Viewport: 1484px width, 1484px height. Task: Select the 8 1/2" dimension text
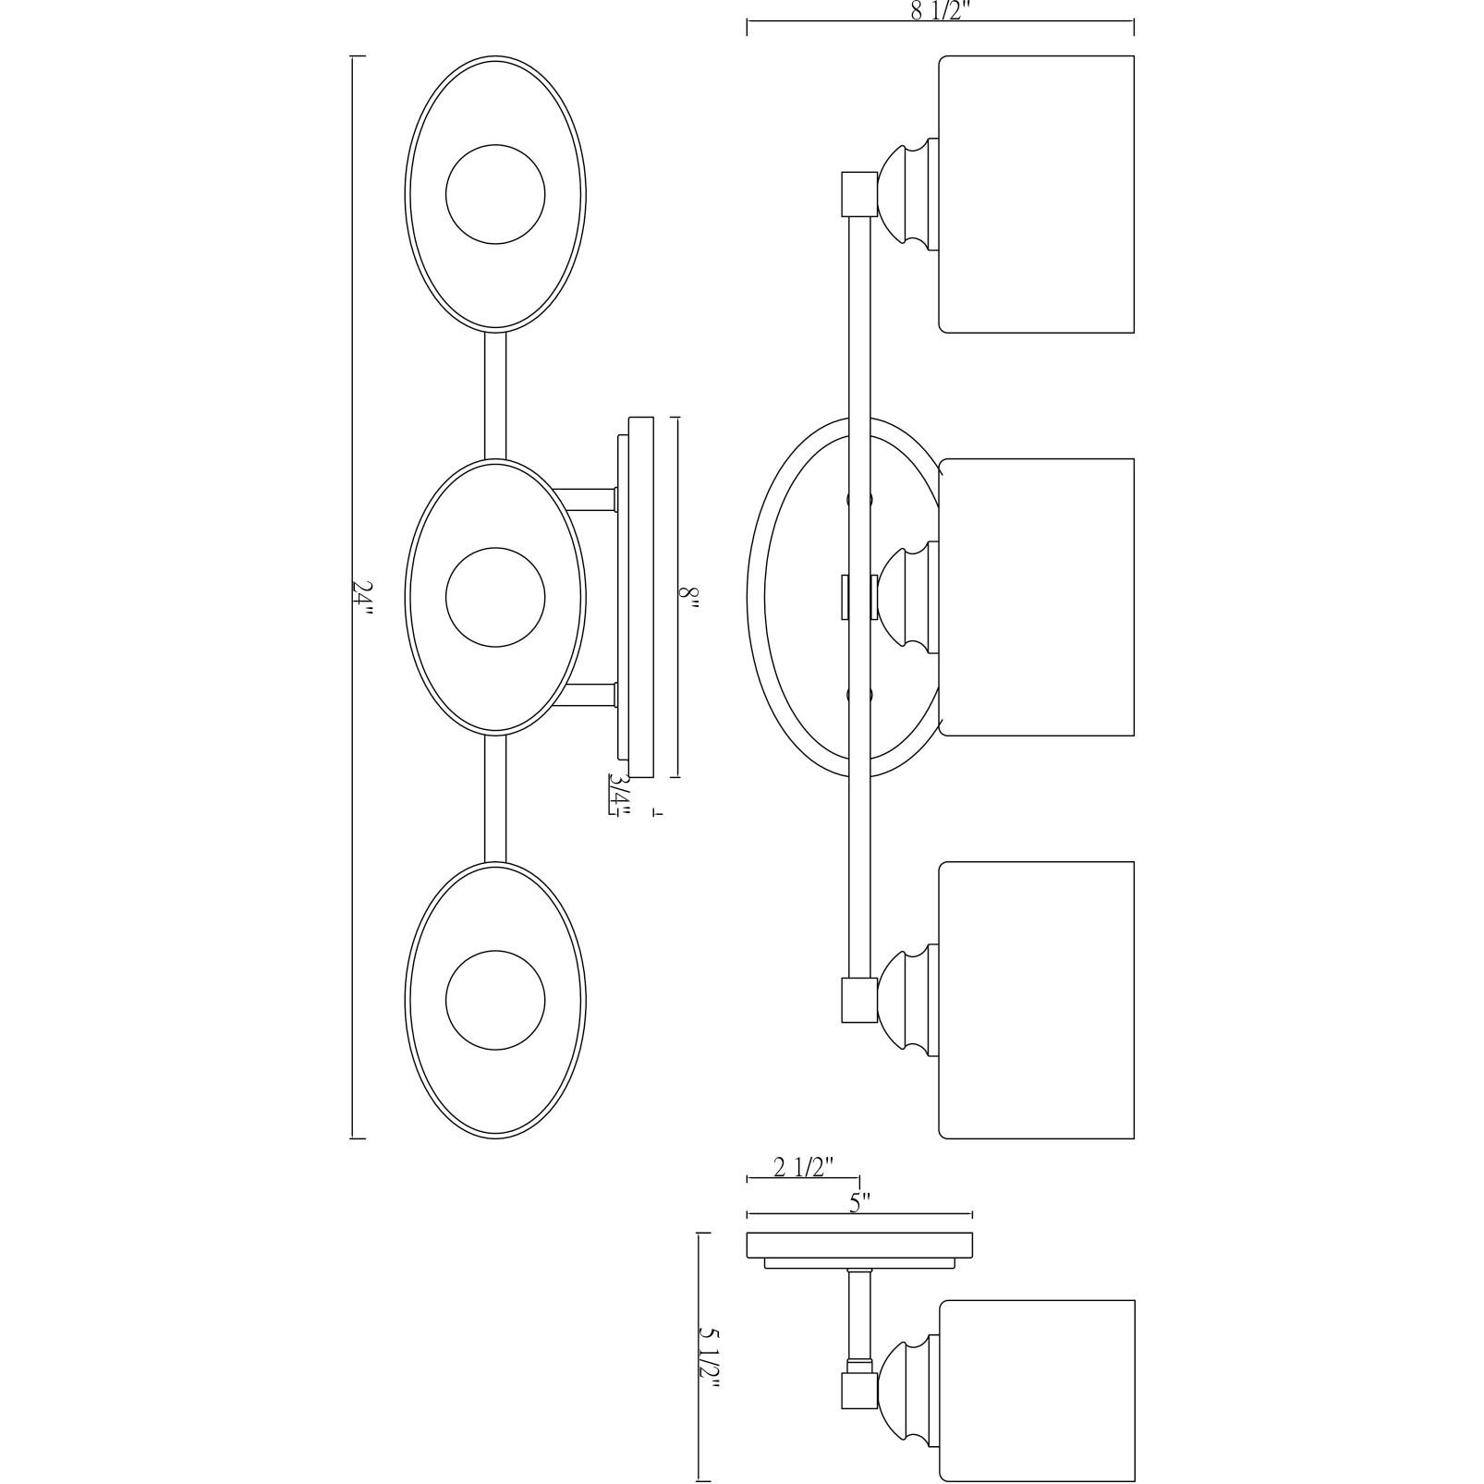click(x=940, y=12)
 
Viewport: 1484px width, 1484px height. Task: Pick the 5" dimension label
click(x=860, y=1202)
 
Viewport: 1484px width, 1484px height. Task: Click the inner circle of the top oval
click(x=495, y=194)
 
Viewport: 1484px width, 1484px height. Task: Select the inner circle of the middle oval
click(x=495, y=597)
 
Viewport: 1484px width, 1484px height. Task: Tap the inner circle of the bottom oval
click(x=495, y=1000)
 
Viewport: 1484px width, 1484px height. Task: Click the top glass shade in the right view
click(x=1037, y=194)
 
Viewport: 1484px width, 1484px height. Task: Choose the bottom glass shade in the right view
click(x=1037, y=1000)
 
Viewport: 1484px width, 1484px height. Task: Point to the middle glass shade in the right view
click(x=1037, y=597)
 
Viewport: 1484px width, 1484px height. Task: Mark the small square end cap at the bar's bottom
click(x=858, y=1001)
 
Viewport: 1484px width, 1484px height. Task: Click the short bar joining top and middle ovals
click(x=495, y=395)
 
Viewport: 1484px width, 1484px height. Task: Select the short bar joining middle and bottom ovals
click(x=495, y=798)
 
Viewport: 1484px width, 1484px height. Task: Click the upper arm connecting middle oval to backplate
click(x=586, y=500)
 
